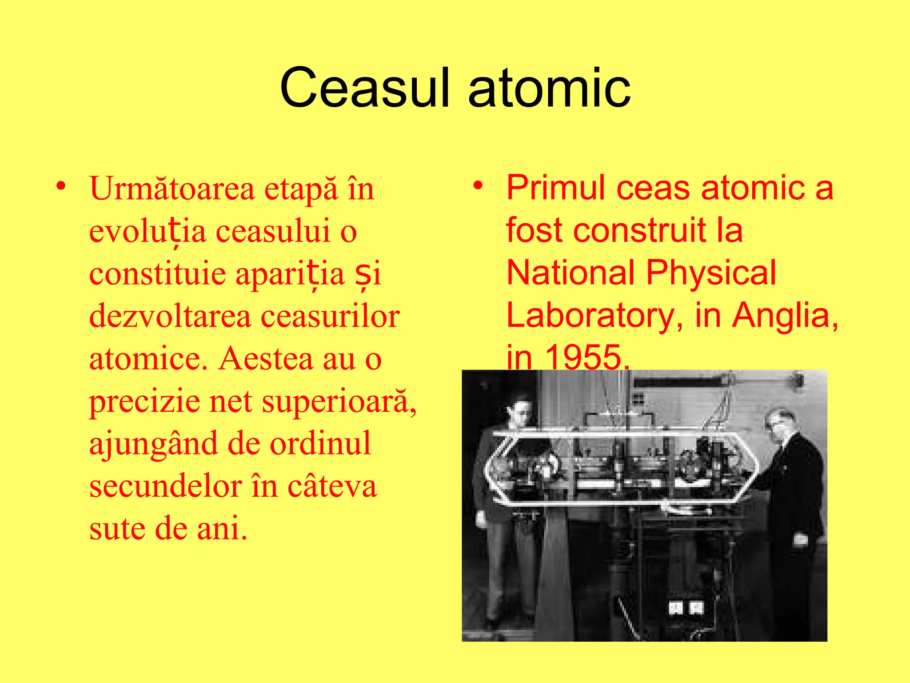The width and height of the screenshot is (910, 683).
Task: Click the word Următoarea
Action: pyautogui.click(x=172, y=189)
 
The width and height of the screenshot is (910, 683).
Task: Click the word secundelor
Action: pyautogui.click(x=165, y=486)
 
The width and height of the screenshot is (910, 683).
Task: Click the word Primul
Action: pyautogui.click(x=556, y=187)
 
